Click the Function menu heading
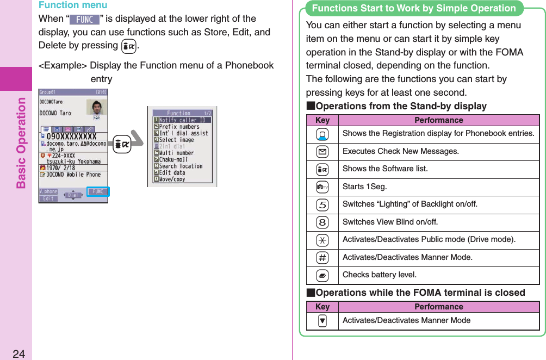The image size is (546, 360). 72,5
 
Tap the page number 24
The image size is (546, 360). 18,354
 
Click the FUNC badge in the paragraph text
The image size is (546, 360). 84,20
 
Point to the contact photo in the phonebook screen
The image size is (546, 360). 96,107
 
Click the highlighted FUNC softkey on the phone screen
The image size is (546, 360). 98,191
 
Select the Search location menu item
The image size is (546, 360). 181,166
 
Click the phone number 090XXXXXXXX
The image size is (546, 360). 72,136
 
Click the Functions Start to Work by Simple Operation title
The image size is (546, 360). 414,8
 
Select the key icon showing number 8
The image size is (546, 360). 322,222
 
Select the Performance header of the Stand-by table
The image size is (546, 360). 438,120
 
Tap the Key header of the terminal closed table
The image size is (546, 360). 322,307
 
